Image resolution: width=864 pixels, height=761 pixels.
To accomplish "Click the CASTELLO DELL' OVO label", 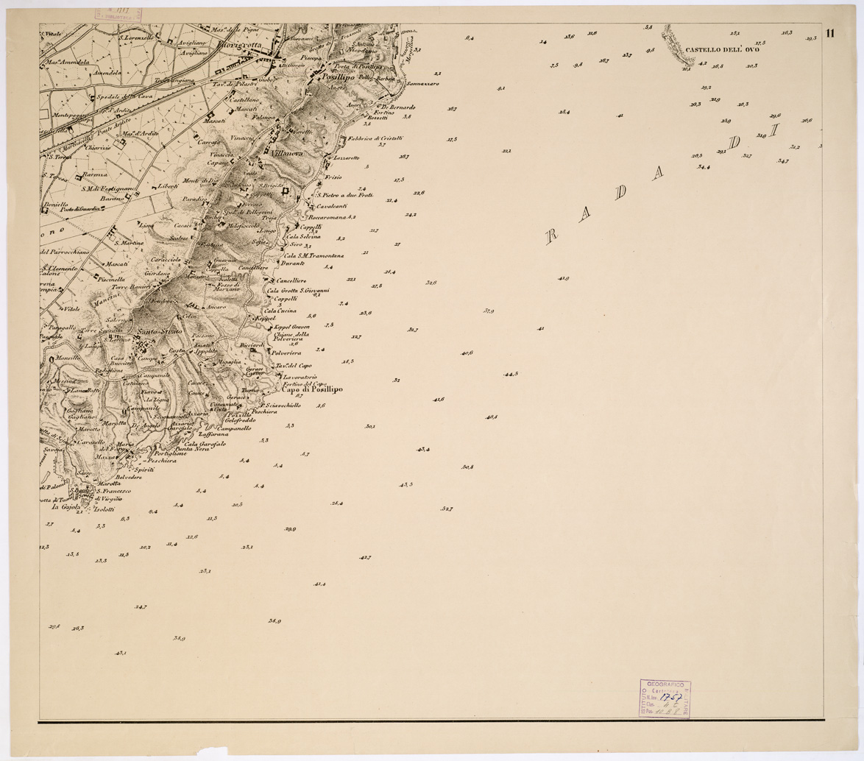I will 722,51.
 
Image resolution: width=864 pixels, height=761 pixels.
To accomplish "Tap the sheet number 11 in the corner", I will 830,33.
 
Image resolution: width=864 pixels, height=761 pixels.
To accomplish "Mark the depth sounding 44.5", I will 510,374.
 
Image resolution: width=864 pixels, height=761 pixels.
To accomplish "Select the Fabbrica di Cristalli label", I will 375,138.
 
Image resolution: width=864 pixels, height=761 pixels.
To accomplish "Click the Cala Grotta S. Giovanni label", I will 298,290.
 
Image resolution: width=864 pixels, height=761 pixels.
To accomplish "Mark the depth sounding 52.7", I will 446,509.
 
